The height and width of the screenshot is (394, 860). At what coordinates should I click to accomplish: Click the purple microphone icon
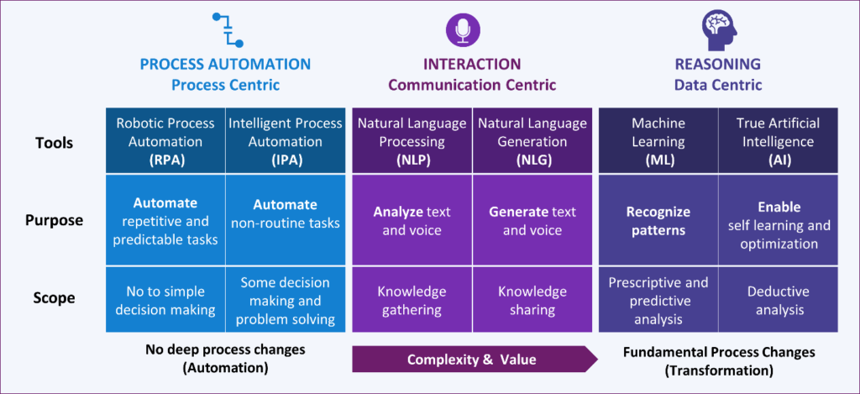[x=463, y=29]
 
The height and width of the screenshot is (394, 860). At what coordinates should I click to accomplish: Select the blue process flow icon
[x=227, y=29]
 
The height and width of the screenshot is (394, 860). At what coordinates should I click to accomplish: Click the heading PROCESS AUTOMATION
[x=225, y=64]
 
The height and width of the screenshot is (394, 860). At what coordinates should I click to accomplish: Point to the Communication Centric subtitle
[x=472, y=85]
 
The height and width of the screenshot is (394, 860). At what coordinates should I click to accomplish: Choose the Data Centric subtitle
[x=717, y=85]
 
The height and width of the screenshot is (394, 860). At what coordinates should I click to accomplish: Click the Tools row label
[x=54, y=143]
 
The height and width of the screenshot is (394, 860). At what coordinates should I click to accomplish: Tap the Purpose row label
[x=54, y=220]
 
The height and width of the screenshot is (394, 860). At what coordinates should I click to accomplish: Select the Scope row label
[x=54, y=298]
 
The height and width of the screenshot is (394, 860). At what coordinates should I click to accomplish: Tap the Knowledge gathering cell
[x=412, y=299]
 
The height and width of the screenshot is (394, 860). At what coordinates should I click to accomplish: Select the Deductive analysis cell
[x=779, y=299]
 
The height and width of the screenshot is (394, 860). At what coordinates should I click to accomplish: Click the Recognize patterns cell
[x=658, y=220]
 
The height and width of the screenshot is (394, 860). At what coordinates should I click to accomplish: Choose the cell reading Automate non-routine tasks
[x=286, y=220]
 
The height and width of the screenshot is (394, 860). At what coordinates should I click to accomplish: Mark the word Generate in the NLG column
[x=518, y=212]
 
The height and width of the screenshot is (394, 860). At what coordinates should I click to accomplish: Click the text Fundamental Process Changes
[x=719, y=352]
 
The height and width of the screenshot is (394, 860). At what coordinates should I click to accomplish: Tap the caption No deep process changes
[x=225, y=349]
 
